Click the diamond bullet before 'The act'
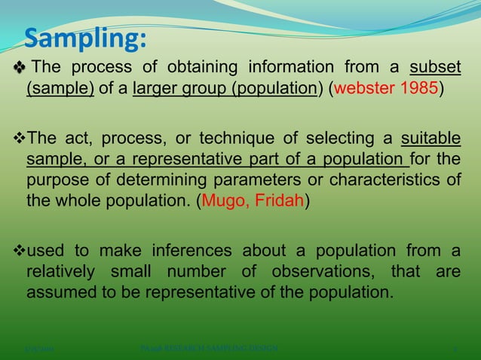[20, 139]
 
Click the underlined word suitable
[430, 139]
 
